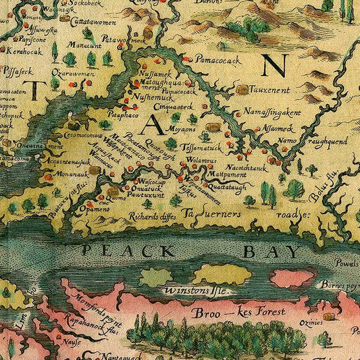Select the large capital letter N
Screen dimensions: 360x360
click(275, 66)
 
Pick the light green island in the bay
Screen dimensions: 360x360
click(156, 277)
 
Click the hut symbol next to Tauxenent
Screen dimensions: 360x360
click(242, 89)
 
